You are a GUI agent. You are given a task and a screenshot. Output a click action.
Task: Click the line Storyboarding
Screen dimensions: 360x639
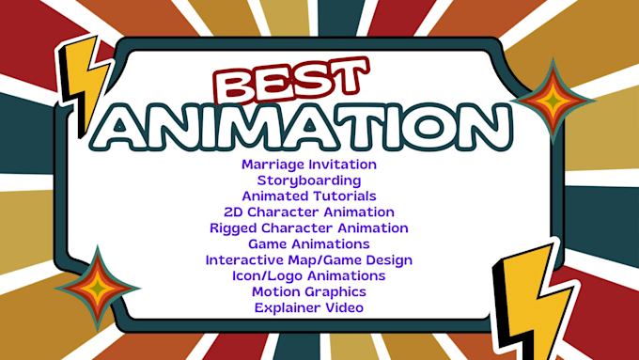(309, 180)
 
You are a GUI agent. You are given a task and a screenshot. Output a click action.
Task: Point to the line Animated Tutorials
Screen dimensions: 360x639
(309, 196)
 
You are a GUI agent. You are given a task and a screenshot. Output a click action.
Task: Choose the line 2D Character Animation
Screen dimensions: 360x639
(309, 212)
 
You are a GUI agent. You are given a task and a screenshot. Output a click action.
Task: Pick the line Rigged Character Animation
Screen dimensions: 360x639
(309, 228)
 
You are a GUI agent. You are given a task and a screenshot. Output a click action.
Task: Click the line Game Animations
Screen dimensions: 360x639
(309, 244)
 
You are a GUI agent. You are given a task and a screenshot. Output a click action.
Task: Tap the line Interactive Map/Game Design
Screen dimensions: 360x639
(309, 260)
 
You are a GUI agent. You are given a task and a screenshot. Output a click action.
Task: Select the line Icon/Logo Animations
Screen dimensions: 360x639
(309, 276)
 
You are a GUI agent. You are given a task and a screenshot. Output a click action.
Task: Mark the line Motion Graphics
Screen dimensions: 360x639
(309, 292)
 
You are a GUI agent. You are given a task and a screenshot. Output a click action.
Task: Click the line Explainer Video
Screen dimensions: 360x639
(309, 307)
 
